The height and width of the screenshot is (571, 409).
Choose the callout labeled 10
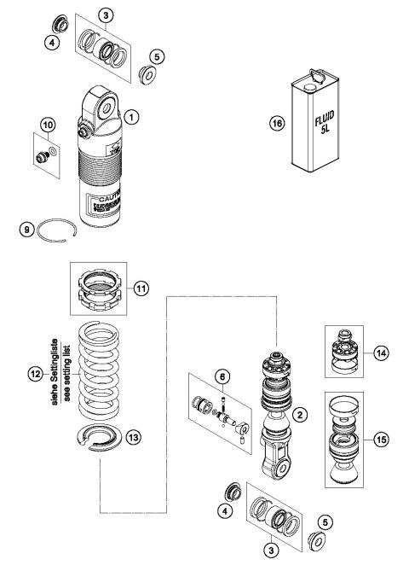(47, 125)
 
